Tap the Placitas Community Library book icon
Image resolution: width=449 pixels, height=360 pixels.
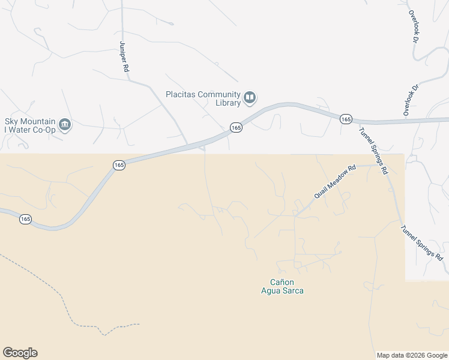(250, 97)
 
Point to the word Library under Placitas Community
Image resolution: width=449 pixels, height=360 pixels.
(229, 103)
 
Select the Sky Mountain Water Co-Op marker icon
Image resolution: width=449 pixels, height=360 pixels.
(65, 125)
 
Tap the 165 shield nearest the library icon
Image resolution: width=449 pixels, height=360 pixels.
(236, 128)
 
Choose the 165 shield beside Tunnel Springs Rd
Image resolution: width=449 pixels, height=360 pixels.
(345, 119)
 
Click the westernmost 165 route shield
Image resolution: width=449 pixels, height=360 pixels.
(25, 220)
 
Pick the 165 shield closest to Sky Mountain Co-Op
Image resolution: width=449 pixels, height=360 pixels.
(119, 164)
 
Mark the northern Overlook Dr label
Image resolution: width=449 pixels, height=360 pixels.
(414, 26)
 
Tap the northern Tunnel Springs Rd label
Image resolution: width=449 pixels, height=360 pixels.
(373, 151)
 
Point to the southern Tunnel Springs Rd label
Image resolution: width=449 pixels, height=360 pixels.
(422, 242)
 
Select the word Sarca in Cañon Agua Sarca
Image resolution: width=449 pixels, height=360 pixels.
(294, 291)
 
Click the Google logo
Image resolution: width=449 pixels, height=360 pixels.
(20, 353)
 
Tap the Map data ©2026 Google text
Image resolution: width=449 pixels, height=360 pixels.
(412, 355)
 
